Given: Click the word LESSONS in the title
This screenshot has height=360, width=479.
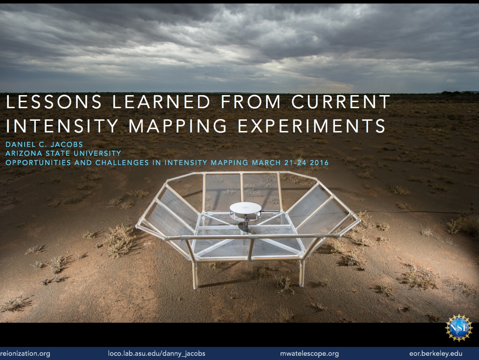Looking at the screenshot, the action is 54,102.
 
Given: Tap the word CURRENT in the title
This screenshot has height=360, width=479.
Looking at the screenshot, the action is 341,102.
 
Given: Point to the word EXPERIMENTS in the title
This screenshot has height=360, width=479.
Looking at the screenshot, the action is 312,125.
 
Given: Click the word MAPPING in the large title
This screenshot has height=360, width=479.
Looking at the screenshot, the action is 178,125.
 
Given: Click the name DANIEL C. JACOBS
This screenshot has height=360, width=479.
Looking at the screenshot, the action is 44,144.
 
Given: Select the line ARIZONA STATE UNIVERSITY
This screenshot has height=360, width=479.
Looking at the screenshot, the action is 63,153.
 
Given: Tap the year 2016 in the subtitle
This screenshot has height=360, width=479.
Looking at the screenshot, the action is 319,162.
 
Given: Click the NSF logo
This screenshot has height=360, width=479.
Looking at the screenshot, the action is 459,328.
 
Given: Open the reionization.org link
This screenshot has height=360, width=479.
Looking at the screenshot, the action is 25,353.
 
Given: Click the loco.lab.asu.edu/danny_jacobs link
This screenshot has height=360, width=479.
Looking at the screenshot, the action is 157,353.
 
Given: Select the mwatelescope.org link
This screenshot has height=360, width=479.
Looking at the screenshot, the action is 309,353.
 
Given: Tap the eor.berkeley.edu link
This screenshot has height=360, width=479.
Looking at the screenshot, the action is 436,353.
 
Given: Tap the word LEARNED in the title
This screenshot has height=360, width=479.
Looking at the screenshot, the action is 161,102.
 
